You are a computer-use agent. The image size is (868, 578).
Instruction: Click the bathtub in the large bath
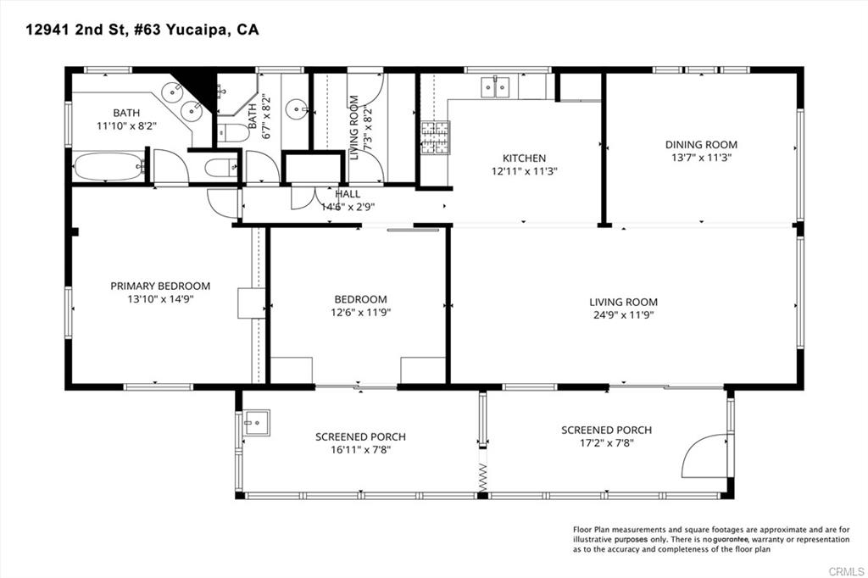coord(108,166)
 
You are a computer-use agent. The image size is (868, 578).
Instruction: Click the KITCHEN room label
coord(524,158)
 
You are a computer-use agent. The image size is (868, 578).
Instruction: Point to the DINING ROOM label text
coord(700,145)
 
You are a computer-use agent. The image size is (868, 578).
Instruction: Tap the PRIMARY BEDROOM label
coord(160,286)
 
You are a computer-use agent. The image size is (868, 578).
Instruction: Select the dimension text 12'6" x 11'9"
coord(361,312)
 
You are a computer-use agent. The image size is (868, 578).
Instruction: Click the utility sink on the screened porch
coord(255,421)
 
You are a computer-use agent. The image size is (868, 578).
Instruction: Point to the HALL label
coord(348,194)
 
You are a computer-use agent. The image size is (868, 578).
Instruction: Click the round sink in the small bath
coord(297,108)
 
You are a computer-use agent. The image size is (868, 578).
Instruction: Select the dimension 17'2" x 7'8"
coord(606,443)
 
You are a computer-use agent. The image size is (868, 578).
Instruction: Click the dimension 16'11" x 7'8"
coord(360,449)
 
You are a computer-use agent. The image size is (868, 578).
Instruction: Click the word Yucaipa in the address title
coord(199,30)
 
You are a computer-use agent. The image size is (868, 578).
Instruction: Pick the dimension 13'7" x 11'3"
coord(700,157)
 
